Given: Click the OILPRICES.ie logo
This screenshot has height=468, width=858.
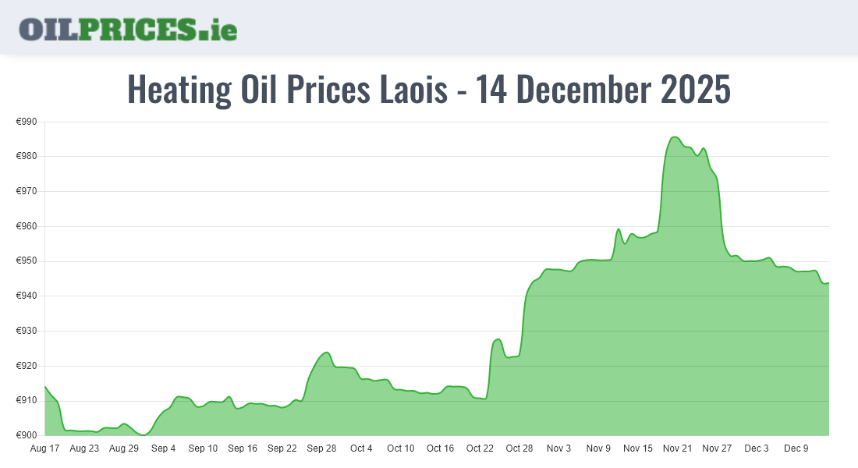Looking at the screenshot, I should (x=128, y=29).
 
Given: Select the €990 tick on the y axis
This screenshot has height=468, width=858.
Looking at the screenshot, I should (x=27, y=122).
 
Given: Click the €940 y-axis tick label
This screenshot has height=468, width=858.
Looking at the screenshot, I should (x=27, y=296).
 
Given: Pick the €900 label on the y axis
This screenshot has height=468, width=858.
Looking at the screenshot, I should (x=27, y=435).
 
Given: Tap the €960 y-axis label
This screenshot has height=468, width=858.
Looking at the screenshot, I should (x=27, y=226).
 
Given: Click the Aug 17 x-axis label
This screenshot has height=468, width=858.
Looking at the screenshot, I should (x=44, y=448).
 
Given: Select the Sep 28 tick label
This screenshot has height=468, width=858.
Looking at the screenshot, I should (x=321, y=448).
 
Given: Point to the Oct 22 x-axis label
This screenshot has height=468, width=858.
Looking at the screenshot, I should (x=480, y=448).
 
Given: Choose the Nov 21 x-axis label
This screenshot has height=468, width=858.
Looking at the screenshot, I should (x=677, y=448).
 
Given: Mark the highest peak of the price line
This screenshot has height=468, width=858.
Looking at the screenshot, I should (x=675, y=137).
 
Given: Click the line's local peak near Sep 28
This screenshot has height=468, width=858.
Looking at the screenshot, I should (x=327, y=353).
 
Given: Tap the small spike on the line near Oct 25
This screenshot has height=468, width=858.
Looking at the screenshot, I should (x=498, y=339).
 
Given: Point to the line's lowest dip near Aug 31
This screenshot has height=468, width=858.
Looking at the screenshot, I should (x=144, y=434).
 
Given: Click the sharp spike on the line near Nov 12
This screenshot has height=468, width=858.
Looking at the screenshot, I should (x=619, y=229).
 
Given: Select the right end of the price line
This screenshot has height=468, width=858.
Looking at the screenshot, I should (x=828, y=283).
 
